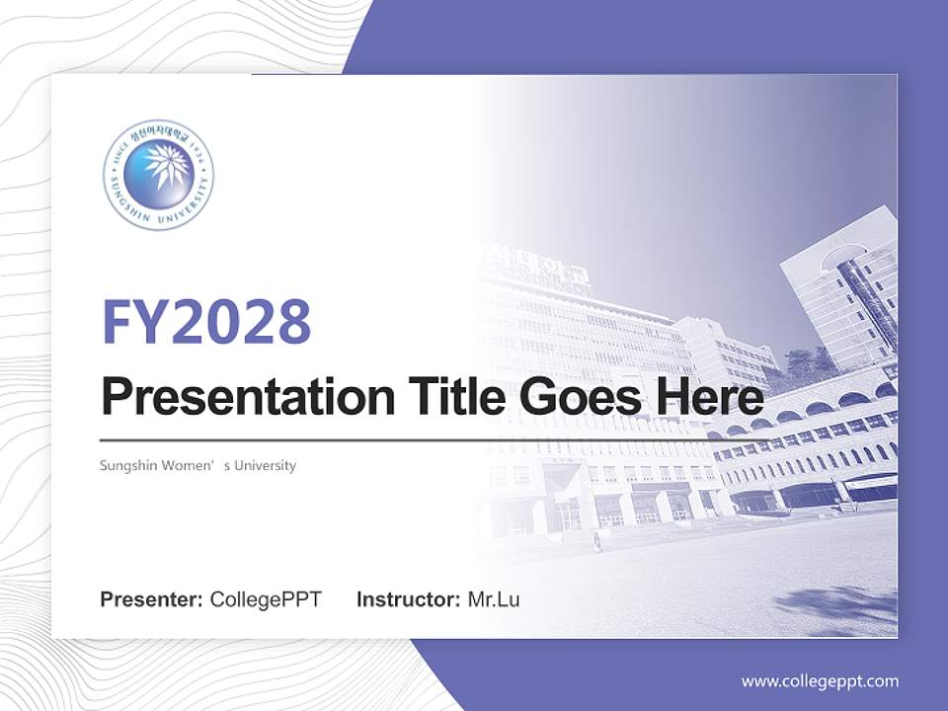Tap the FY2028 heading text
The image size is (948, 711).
coord(206,322)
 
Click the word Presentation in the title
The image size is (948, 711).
coord(233,399)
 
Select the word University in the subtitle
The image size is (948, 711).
coord(263,465)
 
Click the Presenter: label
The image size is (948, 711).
coord(151,599)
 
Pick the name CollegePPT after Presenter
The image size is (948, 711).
coord(265,599)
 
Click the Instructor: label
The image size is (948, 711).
coord(408,599)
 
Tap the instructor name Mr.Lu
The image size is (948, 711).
coord(493,599)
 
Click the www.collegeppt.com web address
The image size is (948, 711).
coord(820,681)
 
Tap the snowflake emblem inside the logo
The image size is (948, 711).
coord(158,170)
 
